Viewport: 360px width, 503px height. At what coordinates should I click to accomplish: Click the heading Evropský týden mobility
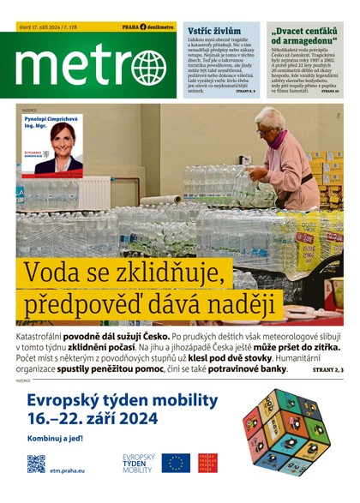[x=123, y=400]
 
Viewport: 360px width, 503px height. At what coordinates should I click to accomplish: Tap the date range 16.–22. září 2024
[x=93, y=420]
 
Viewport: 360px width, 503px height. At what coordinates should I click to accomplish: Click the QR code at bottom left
[x=36, y=464]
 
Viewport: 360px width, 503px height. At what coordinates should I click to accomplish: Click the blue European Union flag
[x=178, y=464]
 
